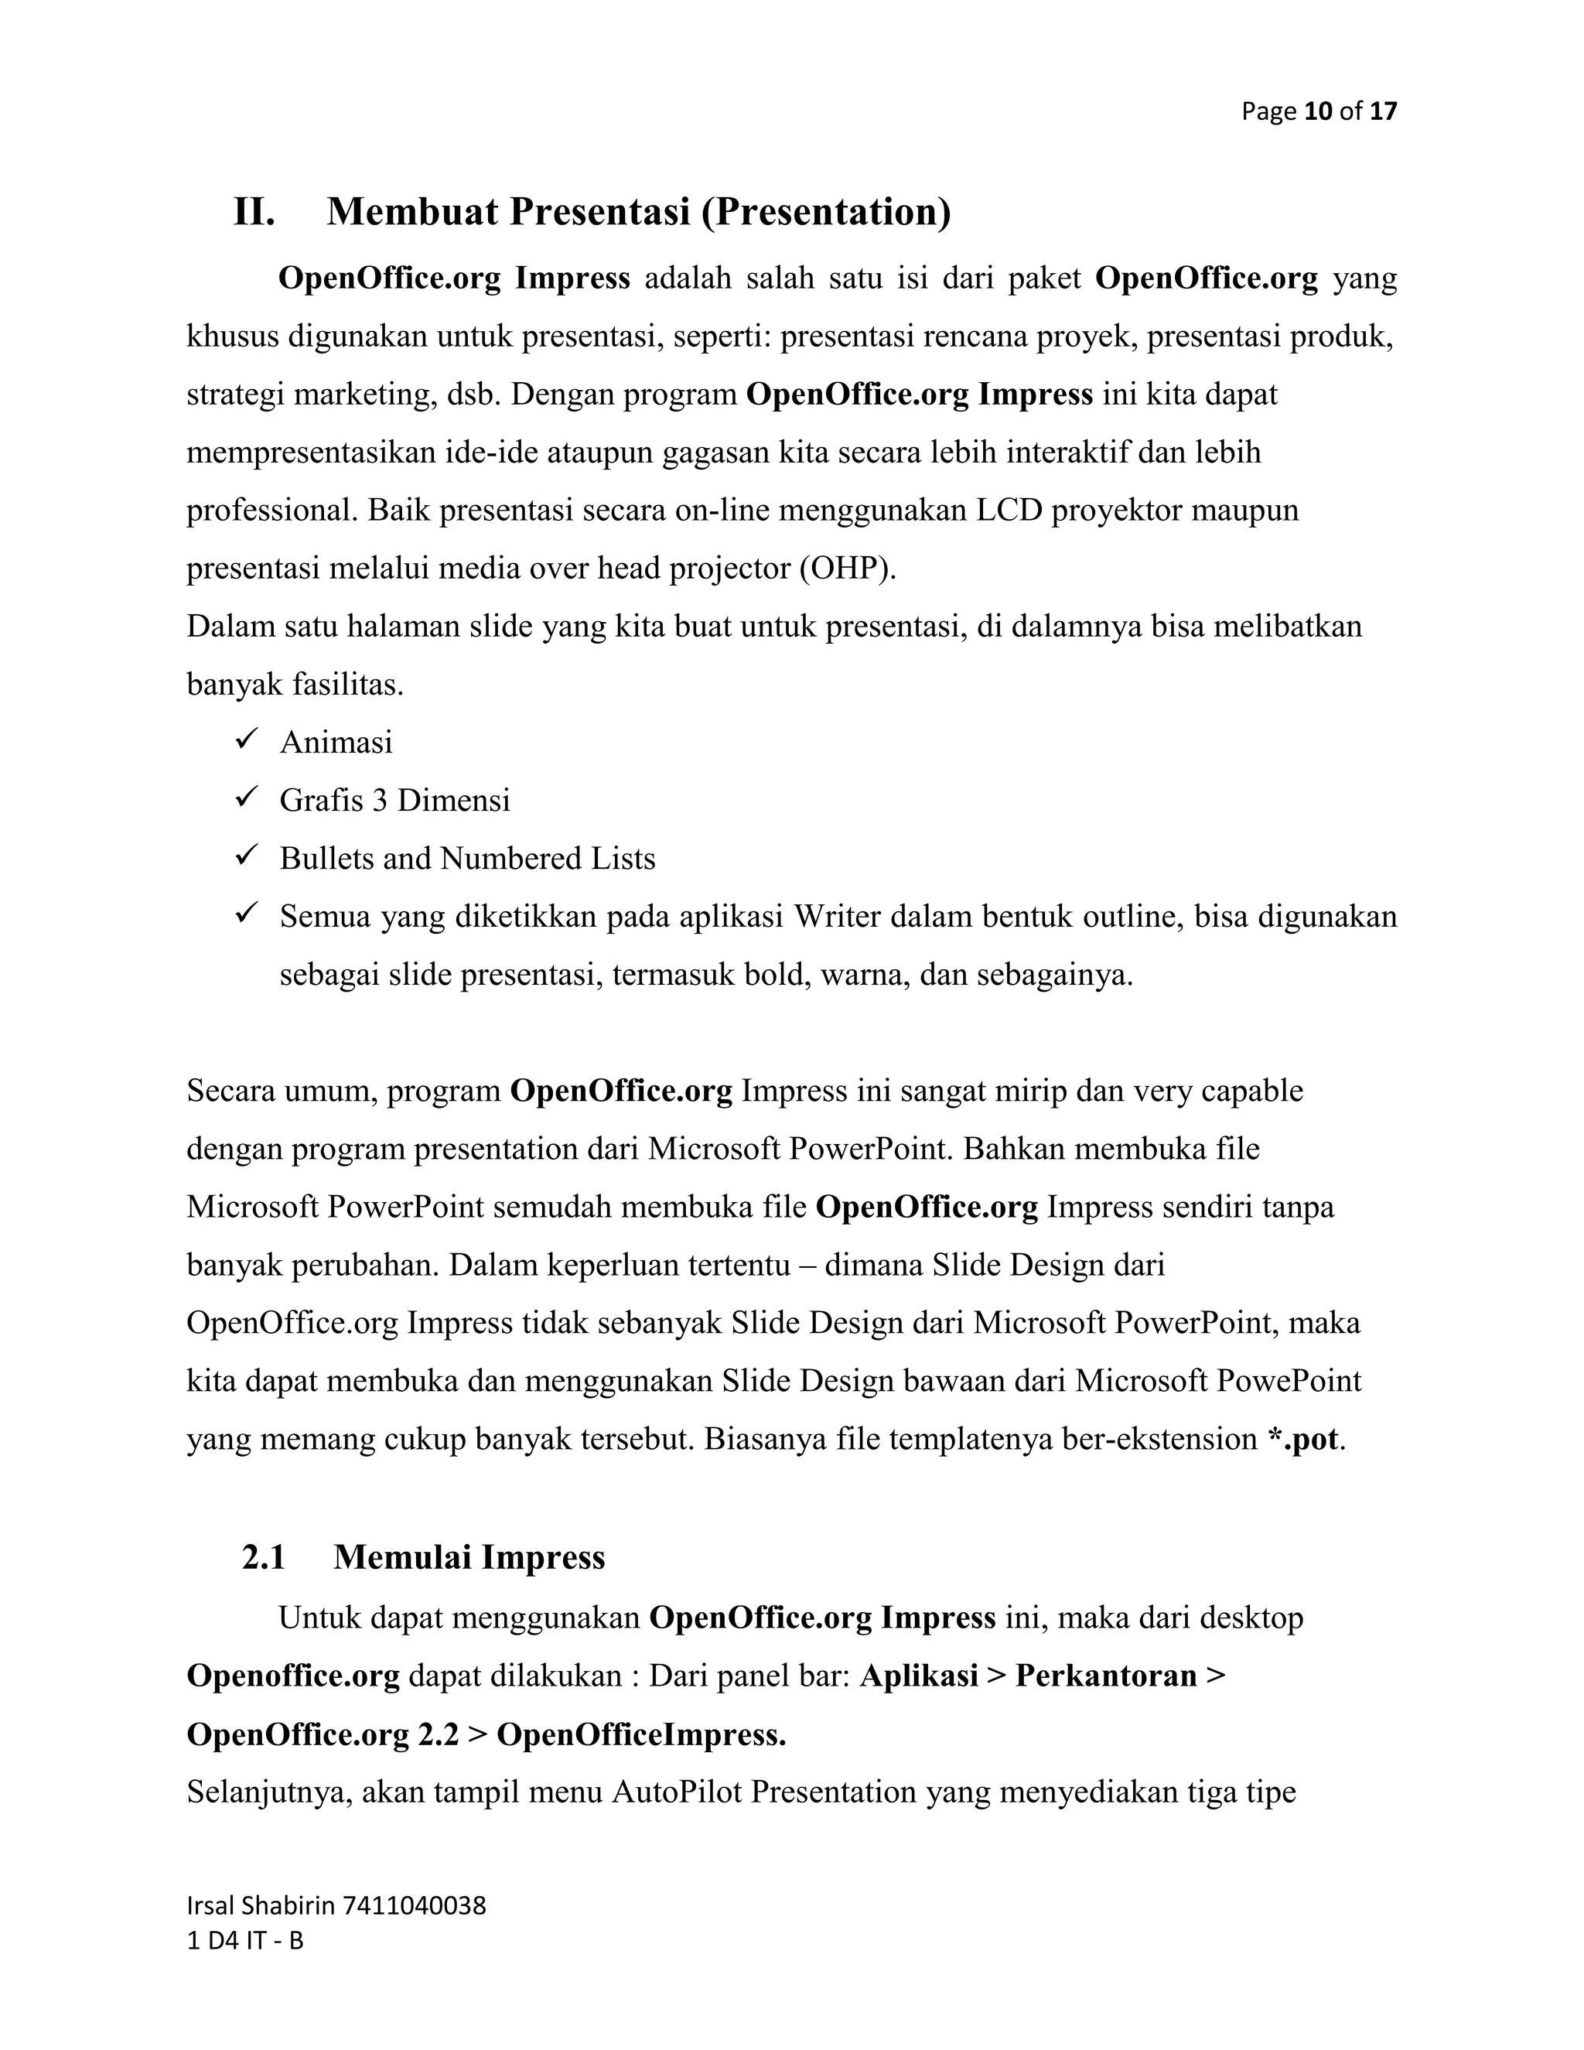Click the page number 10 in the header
[x=1319, y=111]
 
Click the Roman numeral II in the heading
[x=254, y=212]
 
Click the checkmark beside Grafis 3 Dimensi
[x=247, y=799]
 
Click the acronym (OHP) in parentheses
[x=848, y=569]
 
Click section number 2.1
[x=264, y=1557]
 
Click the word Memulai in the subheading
[x=401, y=1557]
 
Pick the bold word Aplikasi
[x=919, y=1676]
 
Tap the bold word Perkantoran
[x=1105, y=1676]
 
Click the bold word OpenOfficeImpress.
[x=641, y=1734]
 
